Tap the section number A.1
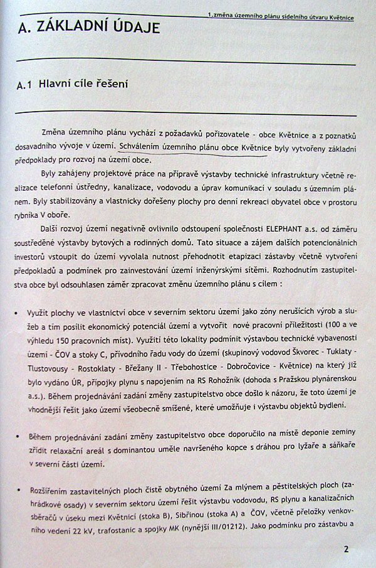(x=25, y=85)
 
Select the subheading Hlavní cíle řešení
(x=83, y=83)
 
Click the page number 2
(x=345, y=548)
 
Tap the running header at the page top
(x=279, y=17)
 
